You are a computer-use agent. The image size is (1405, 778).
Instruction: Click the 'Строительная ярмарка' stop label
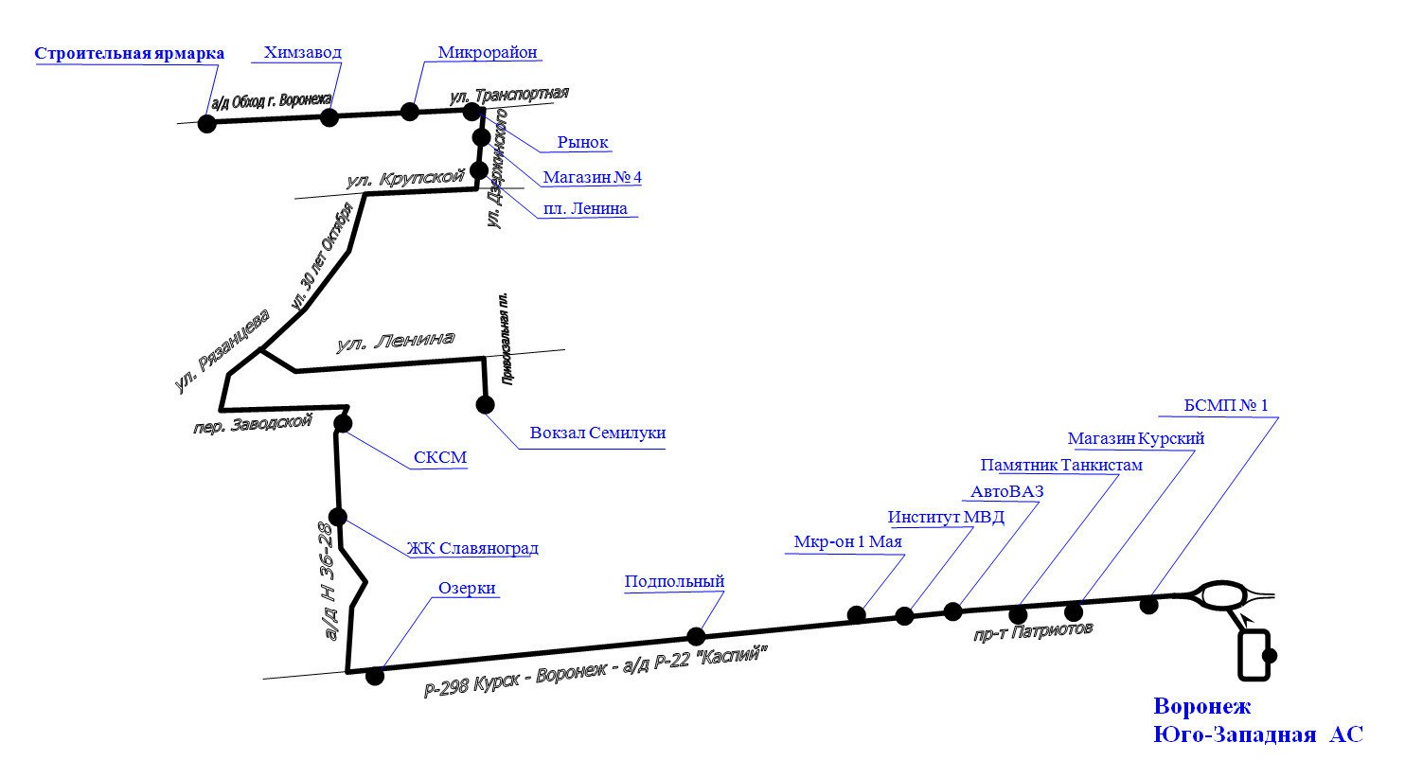(x=130, y=53)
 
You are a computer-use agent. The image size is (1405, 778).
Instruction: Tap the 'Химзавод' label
(x=303, y=53)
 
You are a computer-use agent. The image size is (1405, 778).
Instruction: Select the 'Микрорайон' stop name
(x=489, y=52)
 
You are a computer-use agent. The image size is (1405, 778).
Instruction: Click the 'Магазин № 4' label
(x=593, y=177)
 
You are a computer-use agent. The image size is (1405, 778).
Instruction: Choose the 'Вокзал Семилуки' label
(x=597, y=433)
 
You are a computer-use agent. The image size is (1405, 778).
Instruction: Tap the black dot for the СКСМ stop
(x=343, y=423)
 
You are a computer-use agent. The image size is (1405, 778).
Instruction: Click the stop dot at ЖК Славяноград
(x=338, y=517)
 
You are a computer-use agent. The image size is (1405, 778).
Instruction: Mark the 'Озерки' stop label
(x=467, y=588)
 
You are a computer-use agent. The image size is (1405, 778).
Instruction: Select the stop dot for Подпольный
(x=696, y=636)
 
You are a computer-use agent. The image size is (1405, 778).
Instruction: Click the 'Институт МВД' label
(x=946, y=517)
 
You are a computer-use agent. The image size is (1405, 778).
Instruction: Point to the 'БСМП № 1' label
(x=1226, y=405)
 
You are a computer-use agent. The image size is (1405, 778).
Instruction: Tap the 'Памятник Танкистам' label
(x=1061, y=465)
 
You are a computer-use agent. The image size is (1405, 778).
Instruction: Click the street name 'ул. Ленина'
(x=395, y=342)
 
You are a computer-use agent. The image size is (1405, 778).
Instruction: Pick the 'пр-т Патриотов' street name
(x=1033, y=631)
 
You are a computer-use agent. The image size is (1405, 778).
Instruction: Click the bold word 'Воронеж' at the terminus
(x=1202, y=706)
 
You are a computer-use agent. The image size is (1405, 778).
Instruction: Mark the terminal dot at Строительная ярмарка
(x=206, y=123)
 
